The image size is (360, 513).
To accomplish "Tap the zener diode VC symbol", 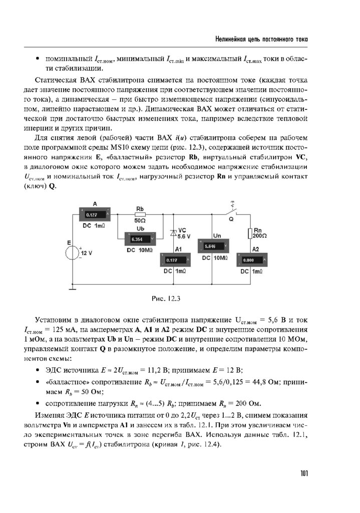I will tap(173, 233).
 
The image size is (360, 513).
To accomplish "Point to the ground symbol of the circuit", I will tap(73, 287).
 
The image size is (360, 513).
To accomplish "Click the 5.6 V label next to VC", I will tap(184, 236).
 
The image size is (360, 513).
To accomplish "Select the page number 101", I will tap(304, 473).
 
